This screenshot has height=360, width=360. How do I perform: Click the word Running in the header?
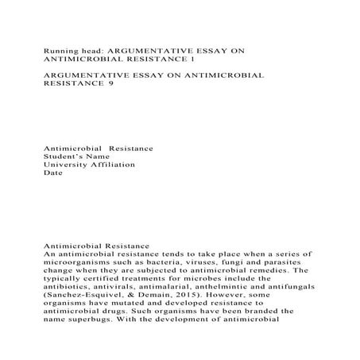click(62, 48)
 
